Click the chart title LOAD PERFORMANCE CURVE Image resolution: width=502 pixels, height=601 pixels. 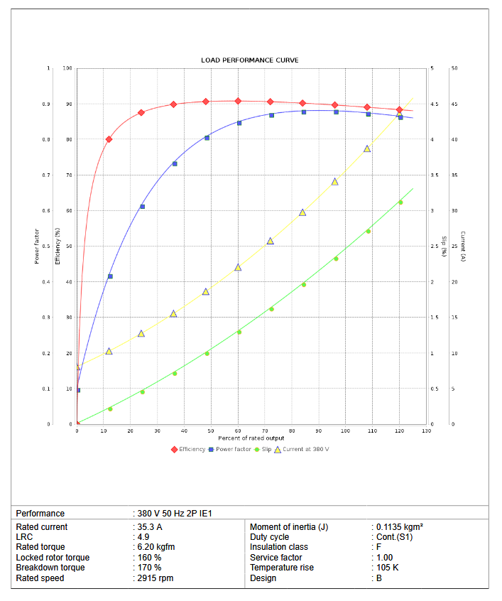tap(250, 60)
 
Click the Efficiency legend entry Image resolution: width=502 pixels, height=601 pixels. tap(188, 449)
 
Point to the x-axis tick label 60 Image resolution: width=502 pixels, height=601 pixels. tap(238, 431)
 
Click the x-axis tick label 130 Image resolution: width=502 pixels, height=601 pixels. tap(427, 431)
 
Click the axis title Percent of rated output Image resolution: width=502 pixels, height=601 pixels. tap(251, 438)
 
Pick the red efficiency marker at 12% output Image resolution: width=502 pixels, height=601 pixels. tap(109, 139)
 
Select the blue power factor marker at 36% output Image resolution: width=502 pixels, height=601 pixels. tap(175, 163)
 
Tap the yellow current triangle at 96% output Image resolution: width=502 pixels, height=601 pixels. tap(335, 182)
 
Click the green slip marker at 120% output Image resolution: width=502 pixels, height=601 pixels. tap(400, 202)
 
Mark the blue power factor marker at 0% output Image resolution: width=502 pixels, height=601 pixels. tap(77, 390)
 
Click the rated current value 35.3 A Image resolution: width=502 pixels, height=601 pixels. tap(150, 527)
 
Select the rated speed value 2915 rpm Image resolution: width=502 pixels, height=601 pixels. tap(155, 578)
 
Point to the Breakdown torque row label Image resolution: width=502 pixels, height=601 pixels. tap(50, 568)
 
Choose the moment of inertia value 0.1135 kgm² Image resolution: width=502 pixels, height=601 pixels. tap(400, 527)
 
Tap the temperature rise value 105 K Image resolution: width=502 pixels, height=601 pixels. tap(388, 568)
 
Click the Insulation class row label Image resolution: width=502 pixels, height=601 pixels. tap(279, 547)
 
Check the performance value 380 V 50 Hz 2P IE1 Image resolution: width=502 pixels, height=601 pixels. tap(175, 513)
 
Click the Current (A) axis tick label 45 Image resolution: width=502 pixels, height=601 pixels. tap(454, 104)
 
